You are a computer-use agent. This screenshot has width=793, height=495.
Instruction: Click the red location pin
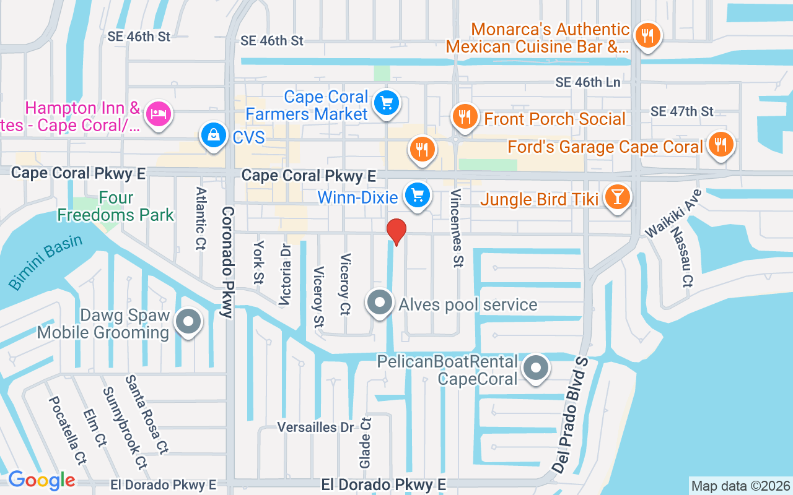396,231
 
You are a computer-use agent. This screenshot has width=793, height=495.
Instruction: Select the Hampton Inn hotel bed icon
159,114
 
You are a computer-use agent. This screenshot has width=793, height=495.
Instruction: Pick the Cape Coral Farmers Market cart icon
387,102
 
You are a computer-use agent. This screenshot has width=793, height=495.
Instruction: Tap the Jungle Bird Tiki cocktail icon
617,197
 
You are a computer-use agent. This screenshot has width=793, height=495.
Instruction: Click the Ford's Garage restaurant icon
719,145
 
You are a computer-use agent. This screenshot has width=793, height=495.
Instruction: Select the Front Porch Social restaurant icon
465,116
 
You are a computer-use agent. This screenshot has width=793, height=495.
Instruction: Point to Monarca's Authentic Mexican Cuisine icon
647,35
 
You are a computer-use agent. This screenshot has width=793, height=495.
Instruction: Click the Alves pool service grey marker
380,303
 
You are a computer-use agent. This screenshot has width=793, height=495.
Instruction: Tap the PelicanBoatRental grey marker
536,368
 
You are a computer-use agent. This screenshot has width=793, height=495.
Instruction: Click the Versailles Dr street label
315,428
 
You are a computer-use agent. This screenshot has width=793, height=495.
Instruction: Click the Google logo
42,480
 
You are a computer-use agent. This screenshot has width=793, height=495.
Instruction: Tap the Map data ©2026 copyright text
741,486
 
